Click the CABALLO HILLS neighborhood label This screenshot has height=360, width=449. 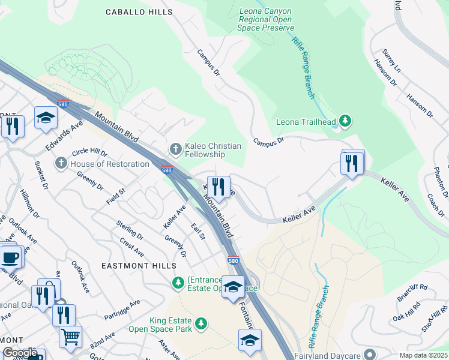(130, 12)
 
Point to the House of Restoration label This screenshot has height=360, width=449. (109, 164)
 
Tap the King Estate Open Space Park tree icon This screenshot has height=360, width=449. (202, 325)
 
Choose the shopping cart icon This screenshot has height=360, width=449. (70, 337)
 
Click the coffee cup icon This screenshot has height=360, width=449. (10, 257)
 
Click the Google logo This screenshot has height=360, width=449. (20, 353)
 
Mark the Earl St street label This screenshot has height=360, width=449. (197, 232)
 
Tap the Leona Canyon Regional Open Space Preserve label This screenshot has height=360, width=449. (267, 19)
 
